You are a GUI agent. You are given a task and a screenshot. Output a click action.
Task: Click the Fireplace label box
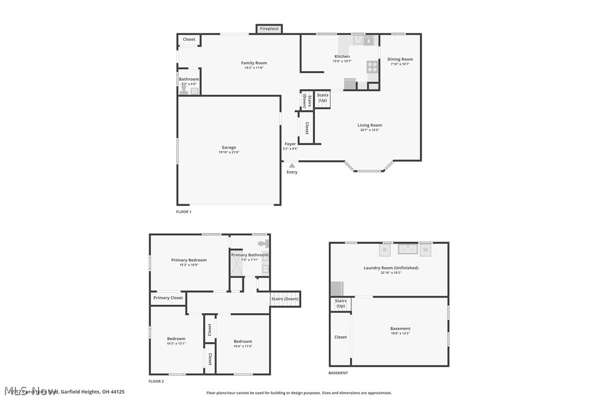269,29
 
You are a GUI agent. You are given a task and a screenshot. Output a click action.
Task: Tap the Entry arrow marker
292,165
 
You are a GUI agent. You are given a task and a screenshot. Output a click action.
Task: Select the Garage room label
229,147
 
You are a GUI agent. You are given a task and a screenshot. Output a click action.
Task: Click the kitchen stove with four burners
373,67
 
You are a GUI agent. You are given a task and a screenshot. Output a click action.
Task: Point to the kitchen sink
358,40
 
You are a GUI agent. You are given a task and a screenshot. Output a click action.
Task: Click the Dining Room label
400,60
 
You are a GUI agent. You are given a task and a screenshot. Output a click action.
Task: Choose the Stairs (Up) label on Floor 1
322,98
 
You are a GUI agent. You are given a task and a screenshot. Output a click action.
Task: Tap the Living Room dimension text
369,130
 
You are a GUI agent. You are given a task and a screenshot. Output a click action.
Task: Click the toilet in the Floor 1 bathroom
184,91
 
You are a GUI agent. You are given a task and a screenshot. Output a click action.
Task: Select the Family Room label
254,63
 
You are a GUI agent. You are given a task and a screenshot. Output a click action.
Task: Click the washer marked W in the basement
425,250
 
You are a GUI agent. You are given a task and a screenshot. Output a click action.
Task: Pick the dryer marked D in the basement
385,250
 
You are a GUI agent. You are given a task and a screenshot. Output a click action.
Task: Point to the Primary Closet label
168,298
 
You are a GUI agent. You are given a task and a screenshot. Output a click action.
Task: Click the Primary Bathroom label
249,255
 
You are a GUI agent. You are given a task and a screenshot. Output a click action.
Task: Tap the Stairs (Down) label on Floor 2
285,299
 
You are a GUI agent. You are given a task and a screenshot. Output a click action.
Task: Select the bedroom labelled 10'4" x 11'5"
242,342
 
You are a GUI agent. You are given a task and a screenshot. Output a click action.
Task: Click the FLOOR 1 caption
183,212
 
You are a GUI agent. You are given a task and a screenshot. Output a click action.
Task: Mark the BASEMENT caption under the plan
338,373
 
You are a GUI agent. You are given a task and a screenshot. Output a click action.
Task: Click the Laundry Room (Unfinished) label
391,268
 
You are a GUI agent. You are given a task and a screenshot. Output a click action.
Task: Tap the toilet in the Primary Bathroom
263,243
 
